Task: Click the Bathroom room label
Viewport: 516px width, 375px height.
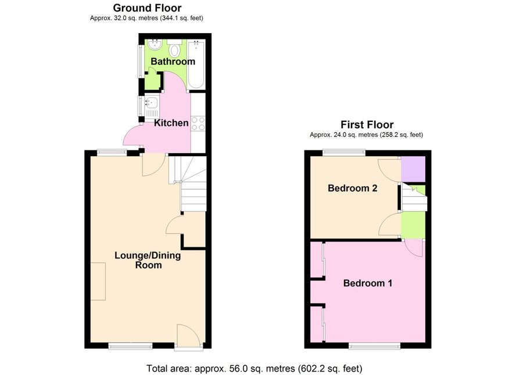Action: click(x=173, y=62)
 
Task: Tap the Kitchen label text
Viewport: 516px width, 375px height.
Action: click(x=171, y=123)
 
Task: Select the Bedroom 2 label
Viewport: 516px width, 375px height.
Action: click(x=353, y=188)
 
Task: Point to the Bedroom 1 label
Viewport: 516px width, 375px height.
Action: click(x=368, y=283)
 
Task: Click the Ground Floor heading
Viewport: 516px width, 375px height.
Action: click(x=147, y=8)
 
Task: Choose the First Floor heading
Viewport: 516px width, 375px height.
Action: click(x=367, y=125)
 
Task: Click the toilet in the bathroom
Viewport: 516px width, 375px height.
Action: click(x=174, y=48)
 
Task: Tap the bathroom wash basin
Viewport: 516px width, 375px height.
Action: click(x=155, y=44)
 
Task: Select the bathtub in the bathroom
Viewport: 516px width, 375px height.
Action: click(x=196, y=64)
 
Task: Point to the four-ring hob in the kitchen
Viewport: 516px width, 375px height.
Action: click(x=198, y=124)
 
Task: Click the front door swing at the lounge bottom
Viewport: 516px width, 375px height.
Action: click(x=188, y=336)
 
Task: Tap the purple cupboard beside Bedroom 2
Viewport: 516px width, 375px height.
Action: click(x=413, y=169)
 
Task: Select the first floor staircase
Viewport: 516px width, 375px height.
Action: click(x=414, y=197)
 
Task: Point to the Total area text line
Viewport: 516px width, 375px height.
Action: click(x=254, y=369)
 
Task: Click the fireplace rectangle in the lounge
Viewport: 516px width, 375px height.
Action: click(x=98, y=282)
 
